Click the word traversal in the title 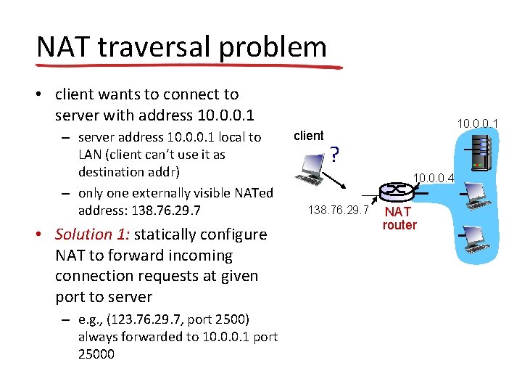pyautogui.click(x=158, y=47)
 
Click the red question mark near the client pyautogui.click(x=333, y=155)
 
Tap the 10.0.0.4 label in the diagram pyautogui.click(x=434, y=176)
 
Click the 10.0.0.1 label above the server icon pyautogui.click(x=477, y=124)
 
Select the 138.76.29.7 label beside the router pyautogui.click(x=339, y=211)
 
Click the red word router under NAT pyautogui.click(x=399, y=225)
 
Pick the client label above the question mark pyautogui.click(x=309, y=136)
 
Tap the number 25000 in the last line pyautogui.click(x=96, y=354)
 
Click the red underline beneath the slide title pyautogui.click(x=188, y=65)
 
